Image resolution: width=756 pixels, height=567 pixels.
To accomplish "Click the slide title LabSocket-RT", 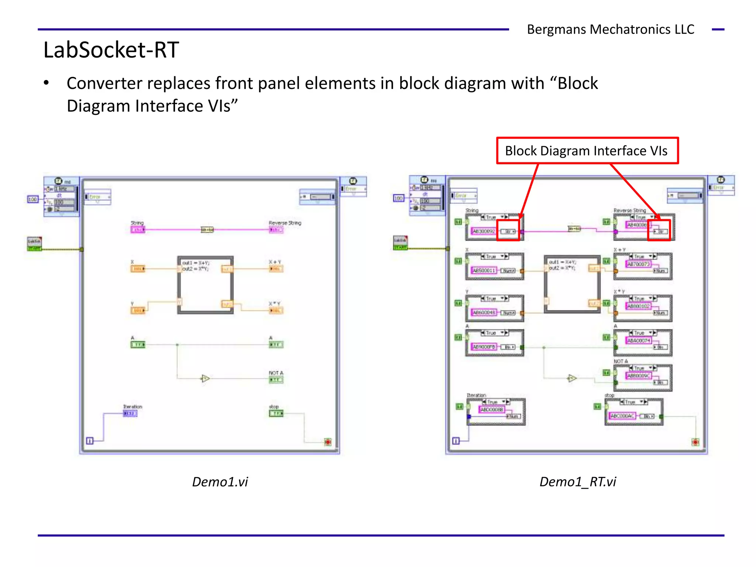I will tap(111, 50).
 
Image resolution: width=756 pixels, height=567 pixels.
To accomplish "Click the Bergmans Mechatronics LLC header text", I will tap(610, 29).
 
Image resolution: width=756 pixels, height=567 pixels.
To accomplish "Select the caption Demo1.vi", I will tap(220, 482).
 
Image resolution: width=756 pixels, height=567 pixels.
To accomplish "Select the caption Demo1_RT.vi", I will tap(578, 482).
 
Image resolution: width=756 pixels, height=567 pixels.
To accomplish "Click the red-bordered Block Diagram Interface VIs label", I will tap(587, 151).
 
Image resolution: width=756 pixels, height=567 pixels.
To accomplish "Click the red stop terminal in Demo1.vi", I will tap(327, 442).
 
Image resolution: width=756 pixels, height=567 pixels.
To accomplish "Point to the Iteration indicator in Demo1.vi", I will tap(130, 413).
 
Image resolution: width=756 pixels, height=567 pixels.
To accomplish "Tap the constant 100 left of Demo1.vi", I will tap(32, 199).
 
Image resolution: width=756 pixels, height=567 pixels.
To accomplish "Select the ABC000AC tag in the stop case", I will tap(622, 416).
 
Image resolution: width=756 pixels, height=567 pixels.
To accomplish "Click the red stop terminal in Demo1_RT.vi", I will tap(695, 442).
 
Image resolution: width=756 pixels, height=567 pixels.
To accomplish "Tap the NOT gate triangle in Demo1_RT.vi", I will tap(571, 378).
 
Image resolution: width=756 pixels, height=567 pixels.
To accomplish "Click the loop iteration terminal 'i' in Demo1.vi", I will tap(90, 441).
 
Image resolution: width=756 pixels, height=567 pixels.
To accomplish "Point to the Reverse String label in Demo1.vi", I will tap(285, 223).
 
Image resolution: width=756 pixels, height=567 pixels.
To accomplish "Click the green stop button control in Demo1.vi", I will tap(276, 413).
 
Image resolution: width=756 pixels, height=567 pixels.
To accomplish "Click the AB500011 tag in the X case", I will tap(484, 271).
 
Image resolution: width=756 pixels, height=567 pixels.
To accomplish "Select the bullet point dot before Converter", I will tap(46, 83).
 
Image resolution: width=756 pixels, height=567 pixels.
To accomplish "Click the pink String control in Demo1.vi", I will tap(137, 230).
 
